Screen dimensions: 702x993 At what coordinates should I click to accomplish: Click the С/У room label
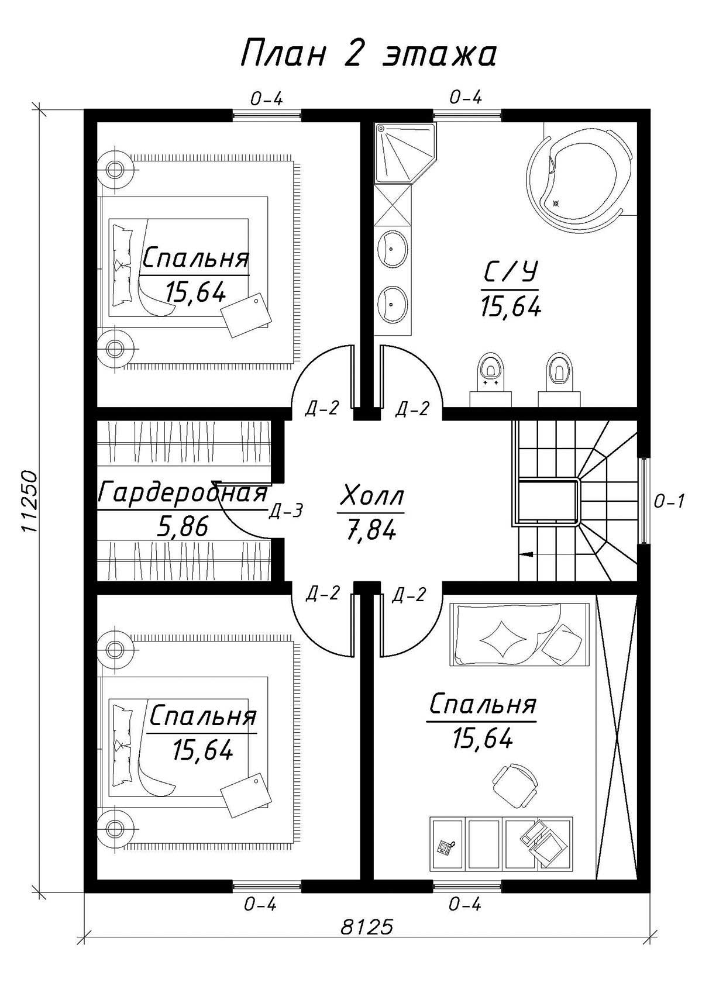tap(510, 273)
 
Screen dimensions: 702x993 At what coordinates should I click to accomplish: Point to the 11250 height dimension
tap(29, 501)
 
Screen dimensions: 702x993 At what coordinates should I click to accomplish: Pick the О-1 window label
tap(669, 501)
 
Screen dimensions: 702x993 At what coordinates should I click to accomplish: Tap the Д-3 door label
tap(286, 510)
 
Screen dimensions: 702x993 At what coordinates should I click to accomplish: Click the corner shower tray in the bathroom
tap(405, 153)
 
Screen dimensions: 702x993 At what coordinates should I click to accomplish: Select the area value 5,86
tap(183, 527)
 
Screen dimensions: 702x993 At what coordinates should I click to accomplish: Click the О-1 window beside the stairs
tap(643, 499)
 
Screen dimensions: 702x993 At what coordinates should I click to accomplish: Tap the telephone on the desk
tap(445, 847)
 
